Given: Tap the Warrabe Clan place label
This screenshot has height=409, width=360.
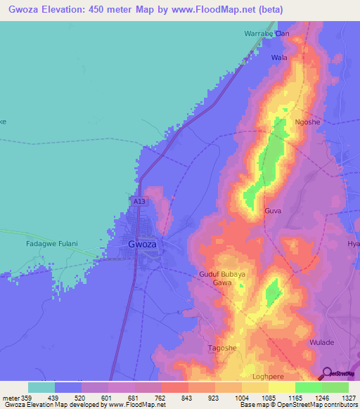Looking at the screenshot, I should click(266, 33).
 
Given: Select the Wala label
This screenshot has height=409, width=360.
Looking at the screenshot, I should click(279, 57).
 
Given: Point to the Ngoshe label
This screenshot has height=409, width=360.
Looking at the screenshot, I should click(307, 122).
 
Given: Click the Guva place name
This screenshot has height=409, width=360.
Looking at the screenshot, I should click(274, 211).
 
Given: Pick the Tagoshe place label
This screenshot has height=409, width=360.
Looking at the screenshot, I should click(222, 348).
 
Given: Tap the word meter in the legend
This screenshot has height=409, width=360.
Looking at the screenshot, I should click(12, 397).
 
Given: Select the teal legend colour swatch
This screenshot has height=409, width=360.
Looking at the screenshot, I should click(41, 387).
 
